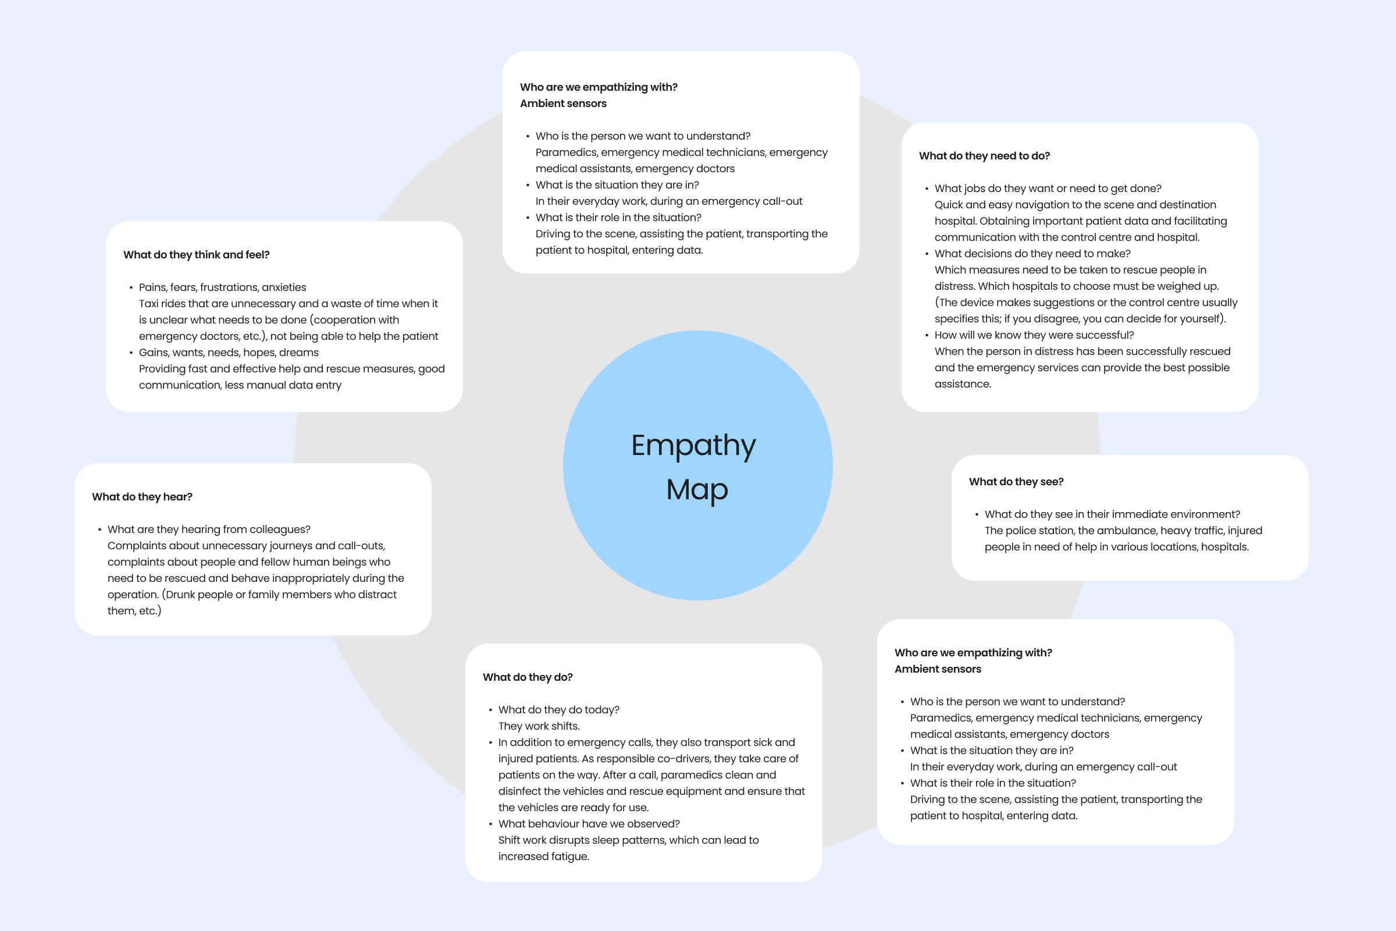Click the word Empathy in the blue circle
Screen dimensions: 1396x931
point(693,446)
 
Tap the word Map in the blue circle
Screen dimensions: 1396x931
point(697,491)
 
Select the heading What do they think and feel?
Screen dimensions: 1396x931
point(197,255)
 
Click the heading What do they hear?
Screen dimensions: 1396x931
point(142,497)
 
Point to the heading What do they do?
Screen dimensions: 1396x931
point(528,677)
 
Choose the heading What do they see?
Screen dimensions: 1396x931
point(1016,482)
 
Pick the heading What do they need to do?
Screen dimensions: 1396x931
point(984,156)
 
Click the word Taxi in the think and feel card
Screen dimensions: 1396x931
point(148,304)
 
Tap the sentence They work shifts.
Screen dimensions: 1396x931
point(539,726)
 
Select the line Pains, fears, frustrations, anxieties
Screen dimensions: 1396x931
point(223,287)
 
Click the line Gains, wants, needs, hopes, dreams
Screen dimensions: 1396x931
point(229,353)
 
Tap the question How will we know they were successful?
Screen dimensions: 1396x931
point(1034,336)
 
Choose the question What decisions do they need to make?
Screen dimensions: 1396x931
point(1032,254)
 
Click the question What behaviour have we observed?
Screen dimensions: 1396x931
point(589,824)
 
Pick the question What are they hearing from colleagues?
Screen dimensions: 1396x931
point(209,530)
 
